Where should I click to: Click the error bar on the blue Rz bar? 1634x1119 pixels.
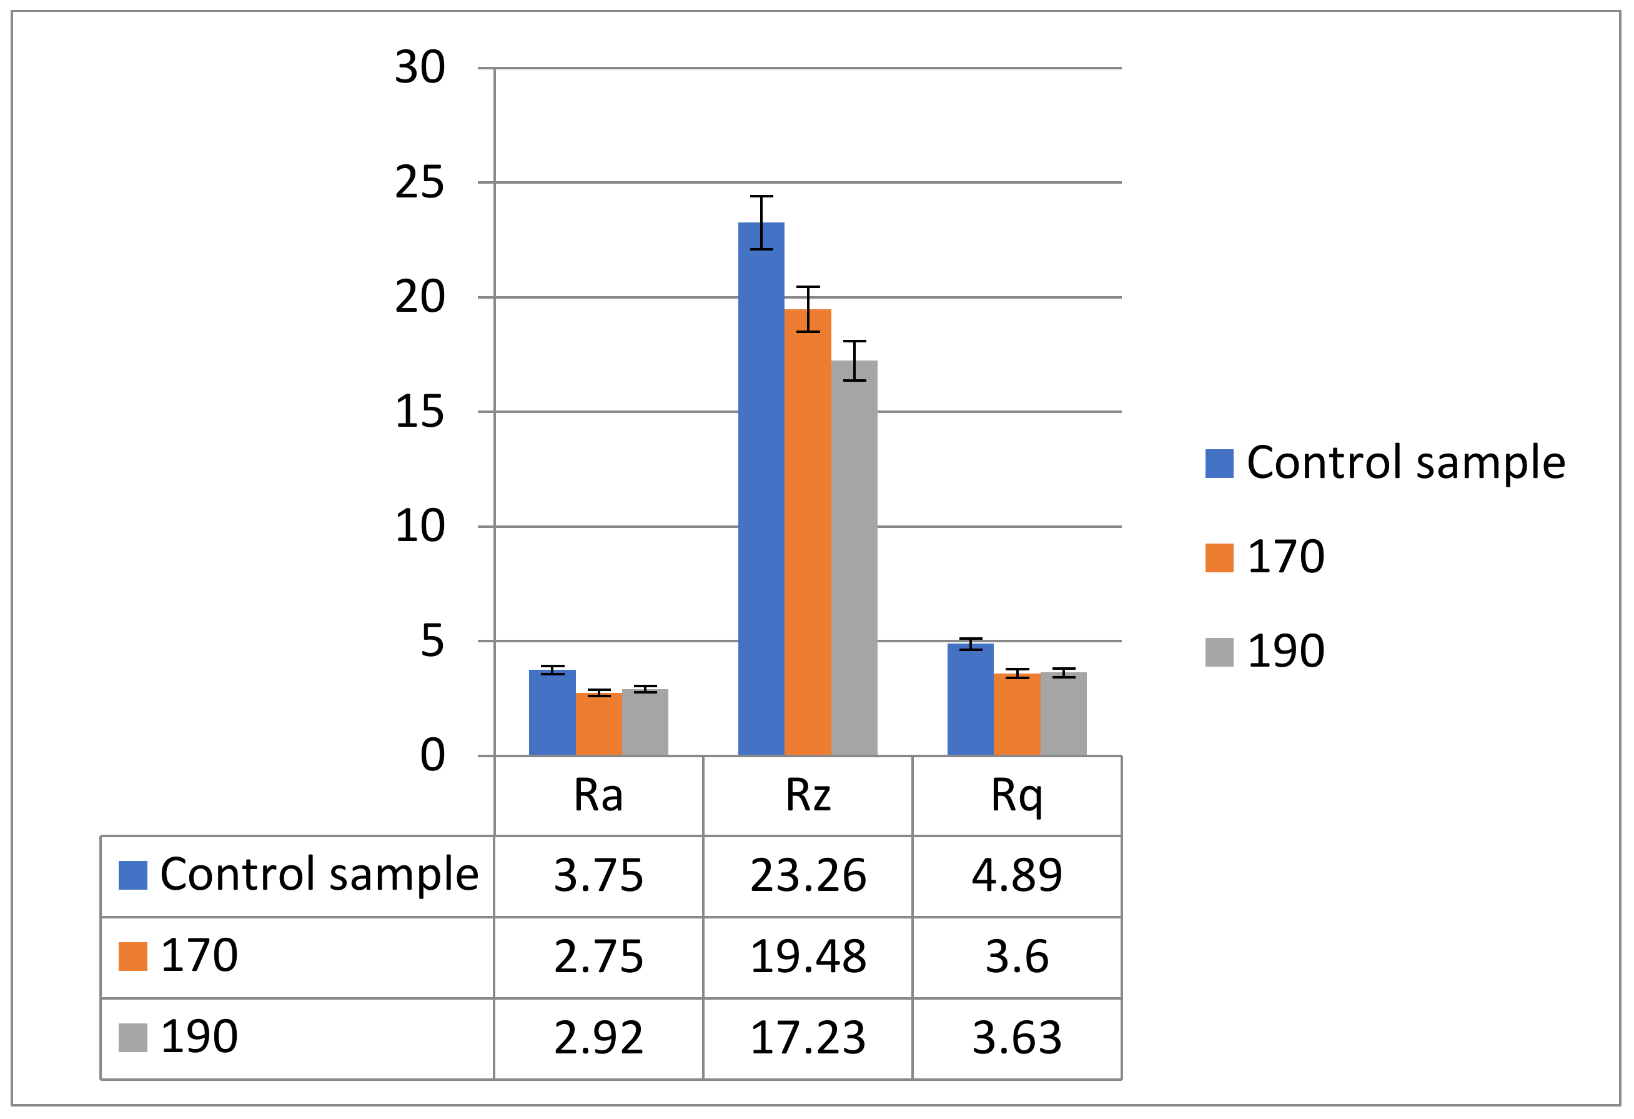[761, 222]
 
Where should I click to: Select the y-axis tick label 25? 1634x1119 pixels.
[420, 183]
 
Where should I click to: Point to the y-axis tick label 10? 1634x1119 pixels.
[420, 526]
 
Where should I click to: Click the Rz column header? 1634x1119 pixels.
[807, 795]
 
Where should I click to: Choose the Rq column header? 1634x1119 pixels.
[1016, 795]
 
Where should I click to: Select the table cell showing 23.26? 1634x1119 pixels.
[807, 876]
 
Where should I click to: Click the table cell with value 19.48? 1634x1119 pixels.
[807, 957]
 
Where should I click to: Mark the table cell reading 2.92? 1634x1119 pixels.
[598, 1037]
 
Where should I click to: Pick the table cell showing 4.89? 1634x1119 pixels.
[1016, 876]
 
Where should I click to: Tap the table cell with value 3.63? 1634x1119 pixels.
[1016, 1037]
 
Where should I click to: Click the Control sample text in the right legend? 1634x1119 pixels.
[1405, 463]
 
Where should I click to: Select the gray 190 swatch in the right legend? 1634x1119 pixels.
[1219, 652]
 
